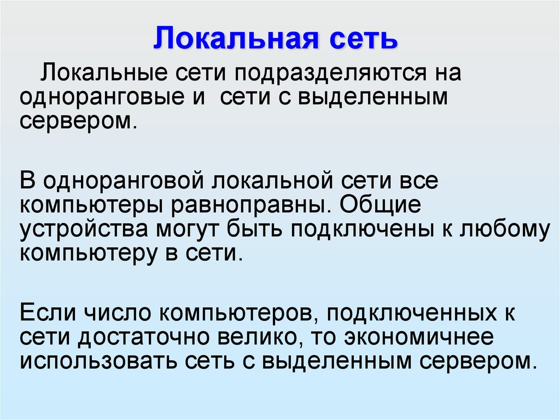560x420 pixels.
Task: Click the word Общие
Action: click(380, 204)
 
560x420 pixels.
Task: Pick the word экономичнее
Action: click(419, 337)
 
